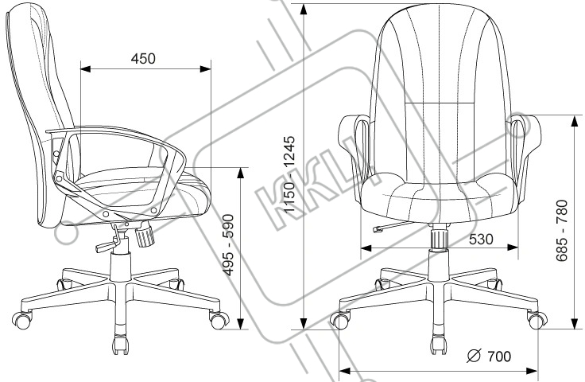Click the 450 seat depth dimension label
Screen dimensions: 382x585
[143, 58]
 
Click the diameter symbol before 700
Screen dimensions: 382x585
[472, 356]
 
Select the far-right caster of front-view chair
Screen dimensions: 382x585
[538, 320]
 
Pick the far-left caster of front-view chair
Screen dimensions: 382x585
[339, 320]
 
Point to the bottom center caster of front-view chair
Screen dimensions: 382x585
[438, 346]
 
